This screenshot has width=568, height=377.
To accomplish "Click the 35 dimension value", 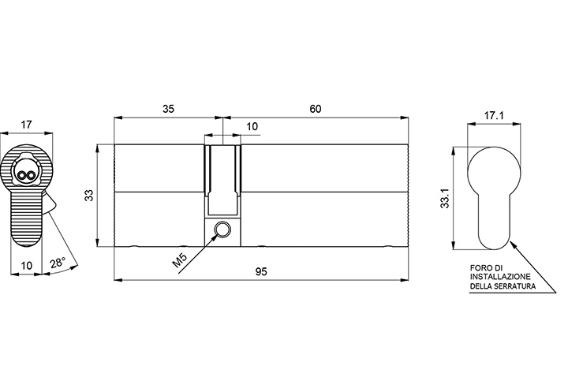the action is (168, 108).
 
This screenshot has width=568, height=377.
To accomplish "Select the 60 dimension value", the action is (315, 108).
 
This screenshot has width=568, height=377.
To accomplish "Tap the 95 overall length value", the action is (261, 271).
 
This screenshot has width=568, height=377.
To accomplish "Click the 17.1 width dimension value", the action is (494, 116).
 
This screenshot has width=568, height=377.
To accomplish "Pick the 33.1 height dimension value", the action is (445, 199).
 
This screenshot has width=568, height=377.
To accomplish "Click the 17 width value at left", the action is (26, 125).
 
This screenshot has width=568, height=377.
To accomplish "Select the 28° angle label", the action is (58, 262).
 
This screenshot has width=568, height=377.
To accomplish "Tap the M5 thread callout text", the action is (180, 261).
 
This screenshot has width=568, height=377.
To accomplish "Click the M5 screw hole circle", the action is (222, 229).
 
